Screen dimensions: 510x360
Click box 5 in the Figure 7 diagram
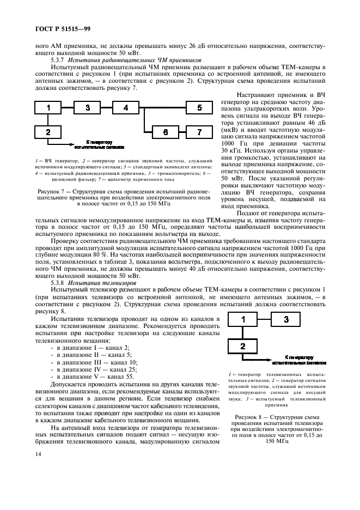pos(200,108)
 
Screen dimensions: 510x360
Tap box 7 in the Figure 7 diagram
pos(200,132)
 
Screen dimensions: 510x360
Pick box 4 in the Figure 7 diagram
pos(126,108)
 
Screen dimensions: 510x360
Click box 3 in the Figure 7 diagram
pos(88,108)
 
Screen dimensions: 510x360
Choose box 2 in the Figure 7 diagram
pos(48,132)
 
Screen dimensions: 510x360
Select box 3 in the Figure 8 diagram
pos(286,320)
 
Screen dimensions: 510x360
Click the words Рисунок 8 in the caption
pos(253,417)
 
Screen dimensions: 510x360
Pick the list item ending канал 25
pos(87,369)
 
